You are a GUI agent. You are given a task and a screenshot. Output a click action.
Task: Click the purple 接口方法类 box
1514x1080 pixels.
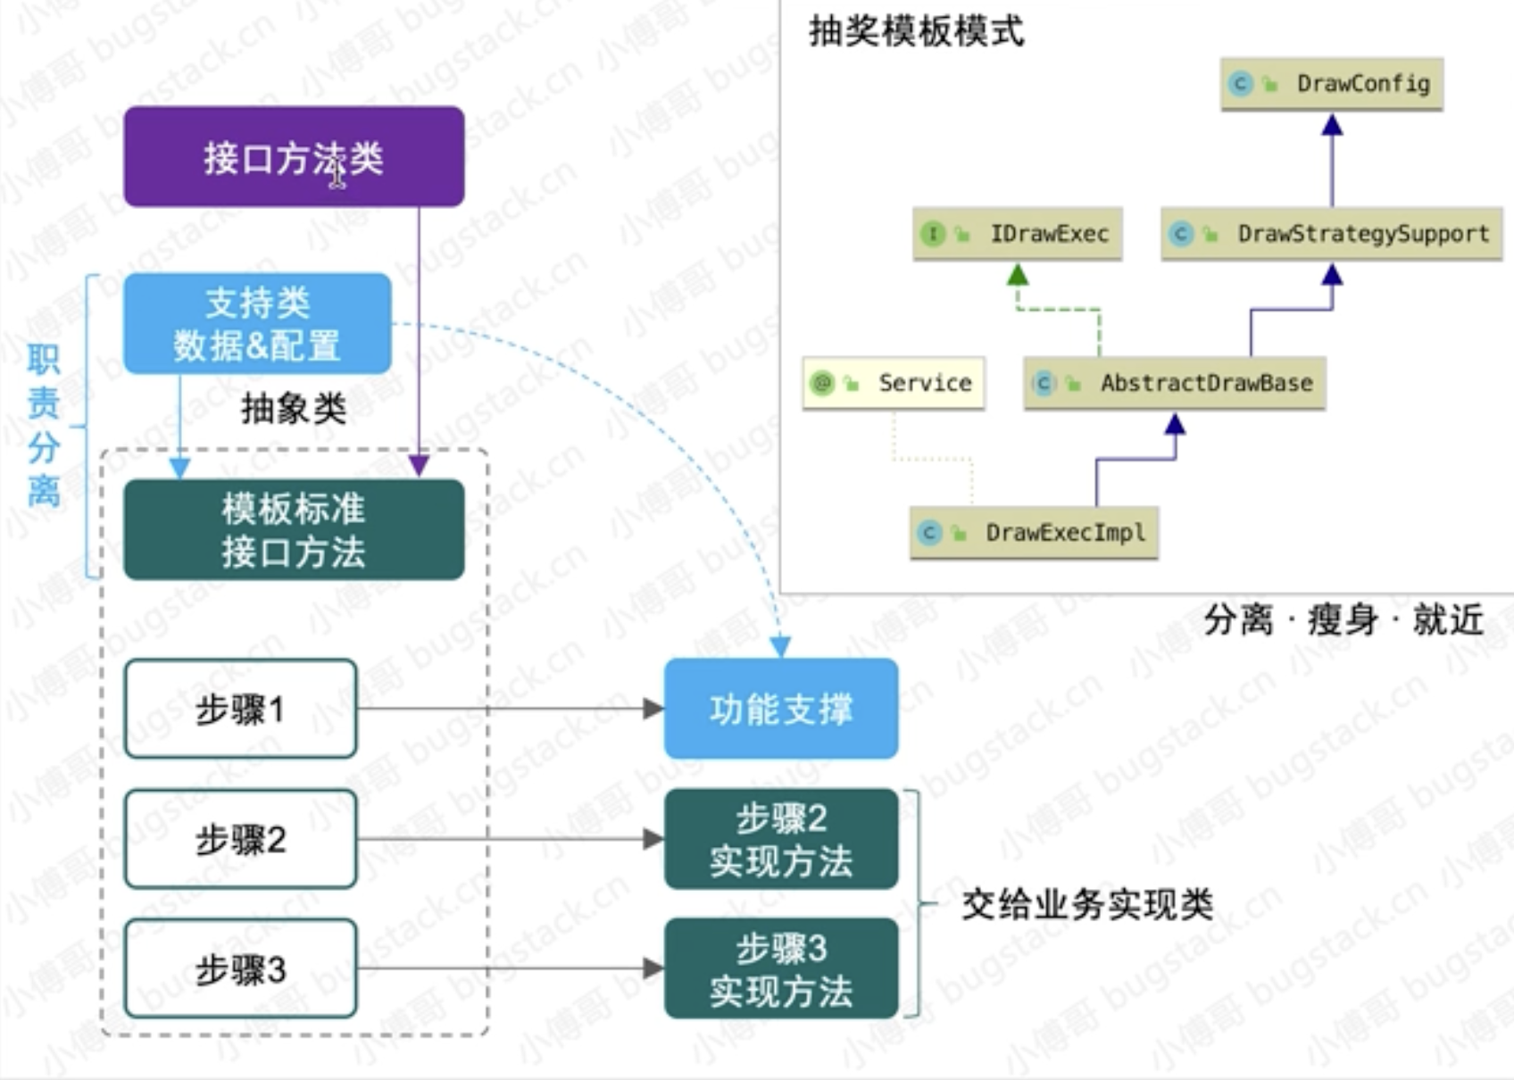[x=294, y=157]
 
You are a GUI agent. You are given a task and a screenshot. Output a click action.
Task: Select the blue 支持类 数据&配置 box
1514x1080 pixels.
[x=257, y=323]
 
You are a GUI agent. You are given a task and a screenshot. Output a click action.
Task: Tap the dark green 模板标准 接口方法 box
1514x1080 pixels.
[x=294, y=530]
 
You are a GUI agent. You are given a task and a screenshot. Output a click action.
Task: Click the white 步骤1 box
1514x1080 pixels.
[x=240, y=710]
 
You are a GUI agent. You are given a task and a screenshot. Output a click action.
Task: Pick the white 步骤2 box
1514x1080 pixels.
[x=240, y=839]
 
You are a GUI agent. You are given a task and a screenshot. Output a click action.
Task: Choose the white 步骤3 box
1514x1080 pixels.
[x=240, y=968]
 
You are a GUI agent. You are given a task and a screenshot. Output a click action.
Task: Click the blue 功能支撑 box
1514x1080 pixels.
[x=781, y=709]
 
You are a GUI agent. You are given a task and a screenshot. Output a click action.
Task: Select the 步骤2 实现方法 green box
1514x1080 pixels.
[x=781, y=839]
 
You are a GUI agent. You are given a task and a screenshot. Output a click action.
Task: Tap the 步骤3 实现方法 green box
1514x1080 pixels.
[x=781, y=968]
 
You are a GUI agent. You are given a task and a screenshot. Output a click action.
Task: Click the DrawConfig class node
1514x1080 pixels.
[x=1331, y=84]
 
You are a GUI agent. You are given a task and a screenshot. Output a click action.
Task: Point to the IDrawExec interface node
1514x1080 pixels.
[x=1017, y=234]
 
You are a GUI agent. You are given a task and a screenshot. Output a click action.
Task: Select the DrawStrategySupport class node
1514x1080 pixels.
[x=1331, y=234]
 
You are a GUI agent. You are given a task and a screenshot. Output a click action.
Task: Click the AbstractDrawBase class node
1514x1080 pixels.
[x=1174, y=384]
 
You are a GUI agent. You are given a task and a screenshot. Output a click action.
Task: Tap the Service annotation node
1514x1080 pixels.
[x=894, y=384]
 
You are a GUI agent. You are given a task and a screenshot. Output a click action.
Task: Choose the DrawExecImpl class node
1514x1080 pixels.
[x=1034, y=533]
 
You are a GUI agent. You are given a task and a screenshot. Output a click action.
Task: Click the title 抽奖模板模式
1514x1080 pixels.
[x=916, y=32]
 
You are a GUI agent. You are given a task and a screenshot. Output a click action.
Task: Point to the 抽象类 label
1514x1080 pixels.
[x=294, y=409]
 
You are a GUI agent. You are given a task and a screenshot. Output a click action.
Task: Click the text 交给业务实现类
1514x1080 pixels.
[x=1086, y=905]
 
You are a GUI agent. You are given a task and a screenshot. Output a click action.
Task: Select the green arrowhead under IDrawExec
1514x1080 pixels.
[x=1018, y=275]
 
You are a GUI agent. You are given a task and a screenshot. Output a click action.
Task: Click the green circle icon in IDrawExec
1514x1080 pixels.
[x=933, y=234]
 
